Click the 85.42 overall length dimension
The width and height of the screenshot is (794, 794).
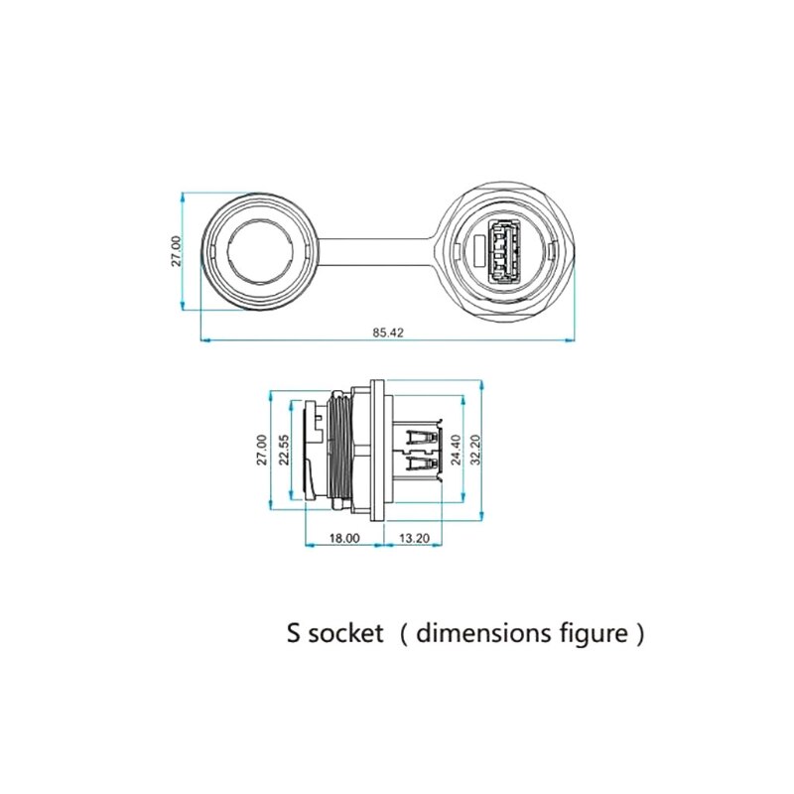pyautogui.click(x=388, y=332)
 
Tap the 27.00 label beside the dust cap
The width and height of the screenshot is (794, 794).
pyautogui.click(x=176, y=251)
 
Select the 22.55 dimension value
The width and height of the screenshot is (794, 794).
pyautogui.click(x=284, y=450)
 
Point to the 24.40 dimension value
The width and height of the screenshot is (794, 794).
pyautogui.click(x=456, y=450)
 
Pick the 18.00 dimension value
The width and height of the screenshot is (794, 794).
pyautogui.click(x=344, y=538)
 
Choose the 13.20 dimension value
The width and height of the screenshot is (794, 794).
pyautogui.click(x=414, y=538)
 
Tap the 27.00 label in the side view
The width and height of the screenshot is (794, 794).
pyautogui.click(x=262, y=450)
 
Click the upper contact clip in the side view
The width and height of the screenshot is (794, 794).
pyautogui.click(x=422, y=434)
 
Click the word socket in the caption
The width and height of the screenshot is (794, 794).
pyautogui.click(x=345, y=633)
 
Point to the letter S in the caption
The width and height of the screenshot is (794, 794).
pyautogui.click(x=294, y=633)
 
